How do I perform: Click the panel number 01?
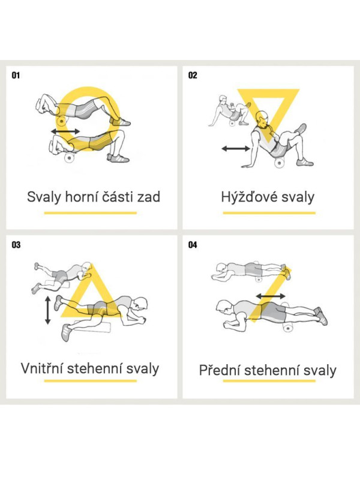[x=16, y=76]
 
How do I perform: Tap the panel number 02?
[x=193, y=76]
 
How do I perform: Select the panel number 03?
[x=16, y=245]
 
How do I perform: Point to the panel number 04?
[x=193, y=245]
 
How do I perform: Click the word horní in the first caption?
[x=81, y=197]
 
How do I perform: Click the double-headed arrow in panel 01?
[x=65, y=131]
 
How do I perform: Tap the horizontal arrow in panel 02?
[x=236, y=149]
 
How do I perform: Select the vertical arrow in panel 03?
[x=47, y=310]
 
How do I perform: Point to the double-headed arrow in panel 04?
[x=271, y=296]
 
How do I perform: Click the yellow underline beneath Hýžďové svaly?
[x=269, y=213]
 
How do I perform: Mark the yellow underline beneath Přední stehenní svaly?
[x=269, y=381]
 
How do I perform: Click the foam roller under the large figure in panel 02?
[x=279, y=162]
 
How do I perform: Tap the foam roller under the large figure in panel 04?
[x=288, y=328]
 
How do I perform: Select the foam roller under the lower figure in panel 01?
[x=70, y=157]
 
